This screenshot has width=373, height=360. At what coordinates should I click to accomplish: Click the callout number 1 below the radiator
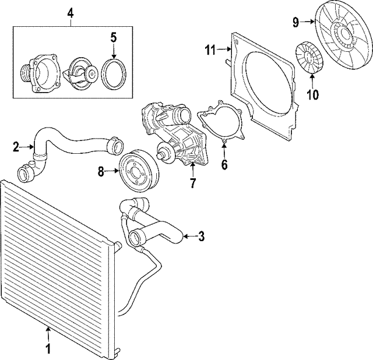(x=48, y=349)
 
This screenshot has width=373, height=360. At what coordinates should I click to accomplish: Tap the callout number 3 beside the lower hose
(x=201, y=236)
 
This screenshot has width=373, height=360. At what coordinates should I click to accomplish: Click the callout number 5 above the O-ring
(x=114, y=38)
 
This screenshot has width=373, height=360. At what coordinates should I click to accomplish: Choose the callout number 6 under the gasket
(x=224, y=164)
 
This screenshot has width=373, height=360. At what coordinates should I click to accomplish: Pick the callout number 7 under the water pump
(x=192, y=183)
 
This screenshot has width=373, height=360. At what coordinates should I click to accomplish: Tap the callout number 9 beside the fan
(x=296, y=23)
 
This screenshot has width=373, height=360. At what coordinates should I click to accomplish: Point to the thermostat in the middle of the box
(x=80, y=74)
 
